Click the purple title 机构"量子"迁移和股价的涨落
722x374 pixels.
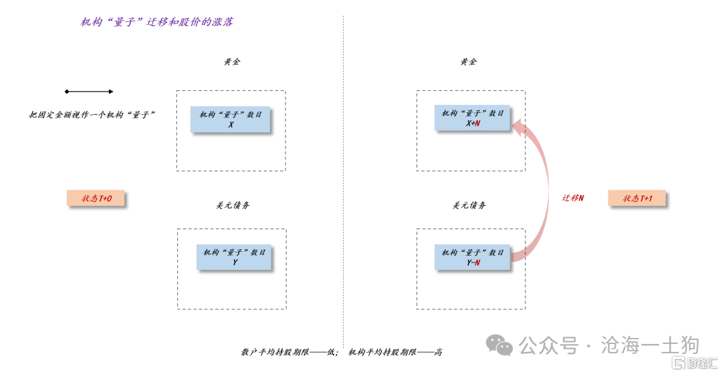[x=156, y=22]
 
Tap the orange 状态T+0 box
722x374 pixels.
[x=97, y=198]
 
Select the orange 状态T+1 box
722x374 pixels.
[x=638, y=198]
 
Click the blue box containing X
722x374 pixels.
[x=231, y=120]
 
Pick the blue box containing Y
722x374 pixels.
[x=235, y=257]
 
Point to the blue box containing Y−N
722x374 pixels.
[x=473, y=257]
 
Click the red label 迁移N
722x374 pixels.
[x=572, y=198]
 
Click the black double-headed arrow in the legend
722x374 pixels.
[x=89, y=91]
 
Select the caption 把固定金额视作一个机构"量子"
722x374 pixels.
[x=92, y=115]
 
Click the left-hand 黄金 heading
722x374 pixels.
[x=231, y=61]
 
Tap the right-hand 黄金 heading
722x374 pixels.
[x=468, y=61]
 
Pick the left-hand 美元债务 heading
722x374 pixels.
[x=233, y=205]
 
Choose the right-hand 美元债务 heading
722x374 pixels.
[x=469, y=205]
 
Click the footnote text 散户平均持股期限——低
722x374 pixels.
[x=290, y=352]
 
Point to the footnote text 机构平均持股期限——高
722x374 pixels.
[x=395, y=352]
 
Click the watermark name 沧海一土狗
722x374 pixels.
[x=650, y=345]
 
